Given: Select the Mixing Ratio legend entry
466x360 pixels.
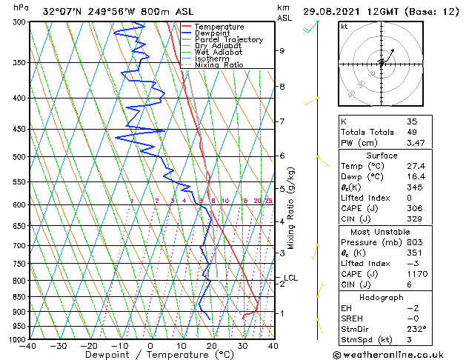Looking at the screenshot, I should (x=219, y=64).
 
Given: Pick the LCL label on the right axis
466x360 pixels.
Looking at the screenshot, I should (x=290, y=278).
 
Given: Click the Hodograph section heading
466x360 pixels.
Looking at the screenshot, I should (x=381, y=297).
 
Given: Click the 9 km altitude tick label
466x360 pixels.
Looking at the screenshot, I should (x=282, y=51).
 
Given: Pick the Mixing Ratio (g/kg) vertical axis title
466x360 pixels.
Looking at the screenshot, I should (x=291, y=207).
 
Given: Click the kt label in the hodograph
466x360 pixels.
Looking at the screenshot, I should (x=344, y=26).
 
